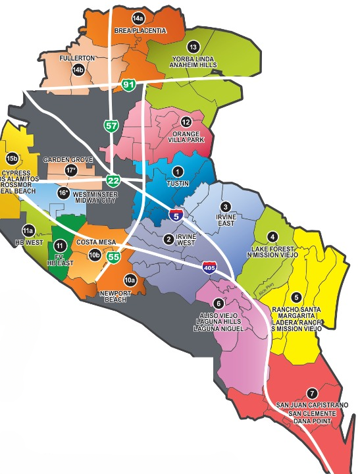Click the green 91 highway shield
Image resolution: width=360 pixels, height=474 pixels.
tap(128, 84)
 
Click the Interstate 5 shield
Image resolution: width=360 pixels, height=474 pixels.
tap(175, 214)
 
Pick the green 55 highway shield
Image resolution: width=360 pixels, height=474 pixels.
tap(113, 258)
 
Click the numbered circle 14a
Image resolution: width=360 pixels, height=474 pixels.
tap(138, 18)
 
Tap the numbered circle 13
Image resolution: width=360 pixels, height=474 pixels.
tap(193, 47)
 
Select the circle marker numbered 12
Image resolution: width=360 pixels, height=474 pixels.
tap(186, 122)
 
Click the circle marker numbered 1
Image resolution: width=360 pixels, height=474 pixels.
tap(176, 171)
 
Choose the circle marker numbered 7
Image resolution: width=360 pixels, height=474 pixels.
tap(311, 393)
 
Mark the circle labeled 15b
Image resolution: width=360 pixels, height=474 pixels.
tap(11, 159)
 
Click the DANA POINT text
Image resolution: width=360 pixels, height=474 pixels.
tap(312, 422)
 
